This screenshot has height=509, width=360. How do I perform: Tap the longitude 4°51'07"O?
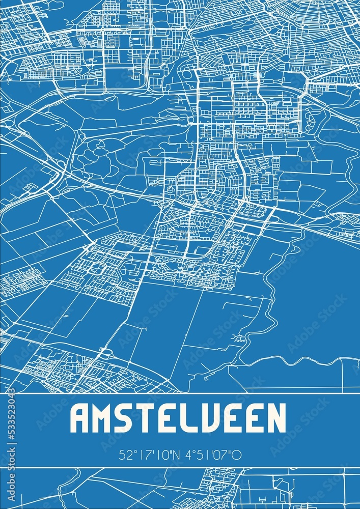211,455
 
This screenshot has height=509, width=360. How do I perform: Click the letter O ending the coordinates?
237,455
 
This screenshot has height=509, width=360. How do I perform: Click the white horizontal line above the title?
180,393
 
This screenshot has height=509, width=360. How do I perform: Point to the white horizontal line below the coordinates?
180,467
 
